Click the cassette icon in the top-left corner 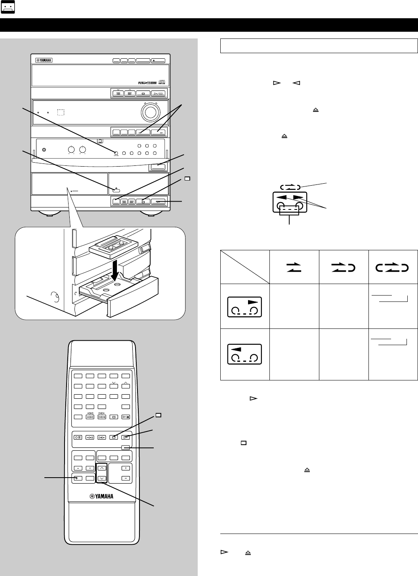pyautogui.click(x=8, y=8)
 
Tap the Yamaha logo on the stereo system pyautogui.click(x=44, y=61)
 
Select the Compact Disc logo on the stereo pyautogui.click(x=162, y=83)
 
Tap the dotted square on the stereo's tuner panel pyautogui.click(x=60, y=112)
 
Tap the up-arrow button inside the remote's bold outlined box pyautogui.click(x=102, y=468)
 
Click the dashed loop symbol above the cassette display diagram pyautogui.click(x=290, y=186)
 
